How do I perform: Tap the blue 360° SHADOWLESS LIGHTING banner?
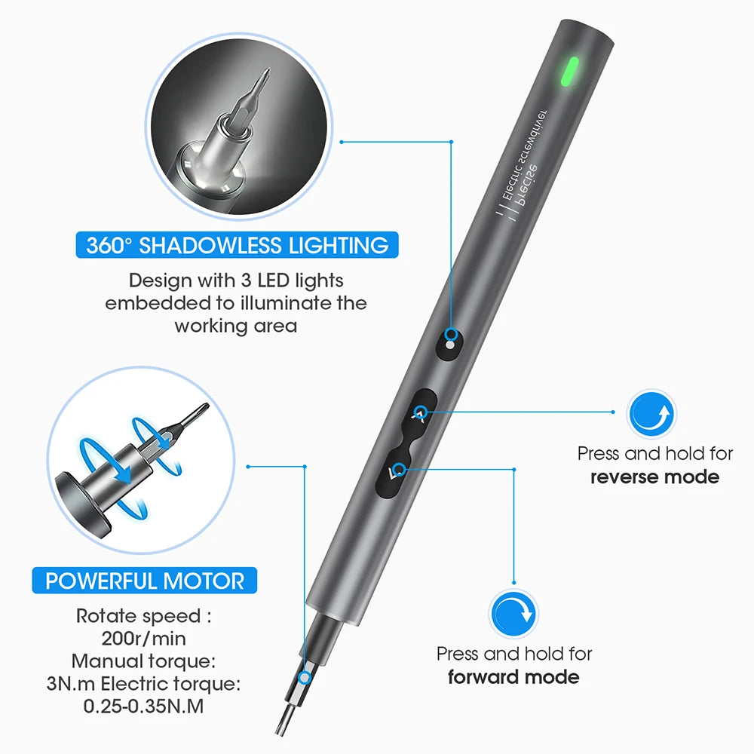click(x=238, y=246)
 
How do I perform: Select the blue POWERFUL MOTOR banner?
click(x=145, y=581)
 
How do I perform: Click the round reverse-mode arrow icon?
click(x=652, y=414)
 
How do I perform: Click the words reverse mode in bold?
click(x=654, y=477)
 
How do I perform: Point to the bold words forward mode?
click(x=513, y=676)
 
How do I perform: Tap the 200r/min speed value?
click(x=144, y=639)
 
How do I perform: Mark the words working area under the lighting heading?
click(x=236, y=326)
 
